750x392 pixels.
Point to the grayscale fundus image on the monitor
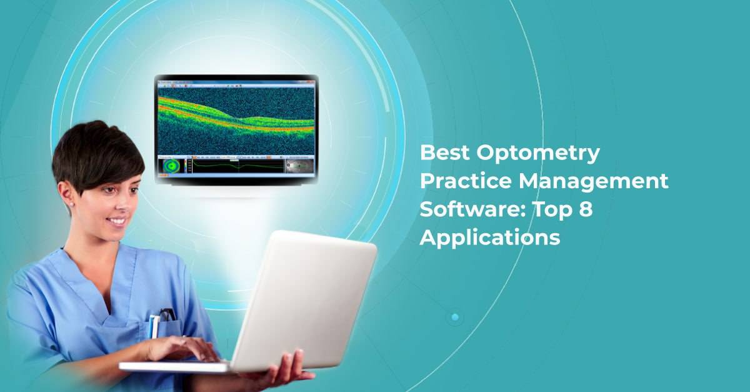click(x=299, y=167)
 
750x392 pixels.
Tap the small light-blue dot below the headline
click(x=455, y=317)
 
